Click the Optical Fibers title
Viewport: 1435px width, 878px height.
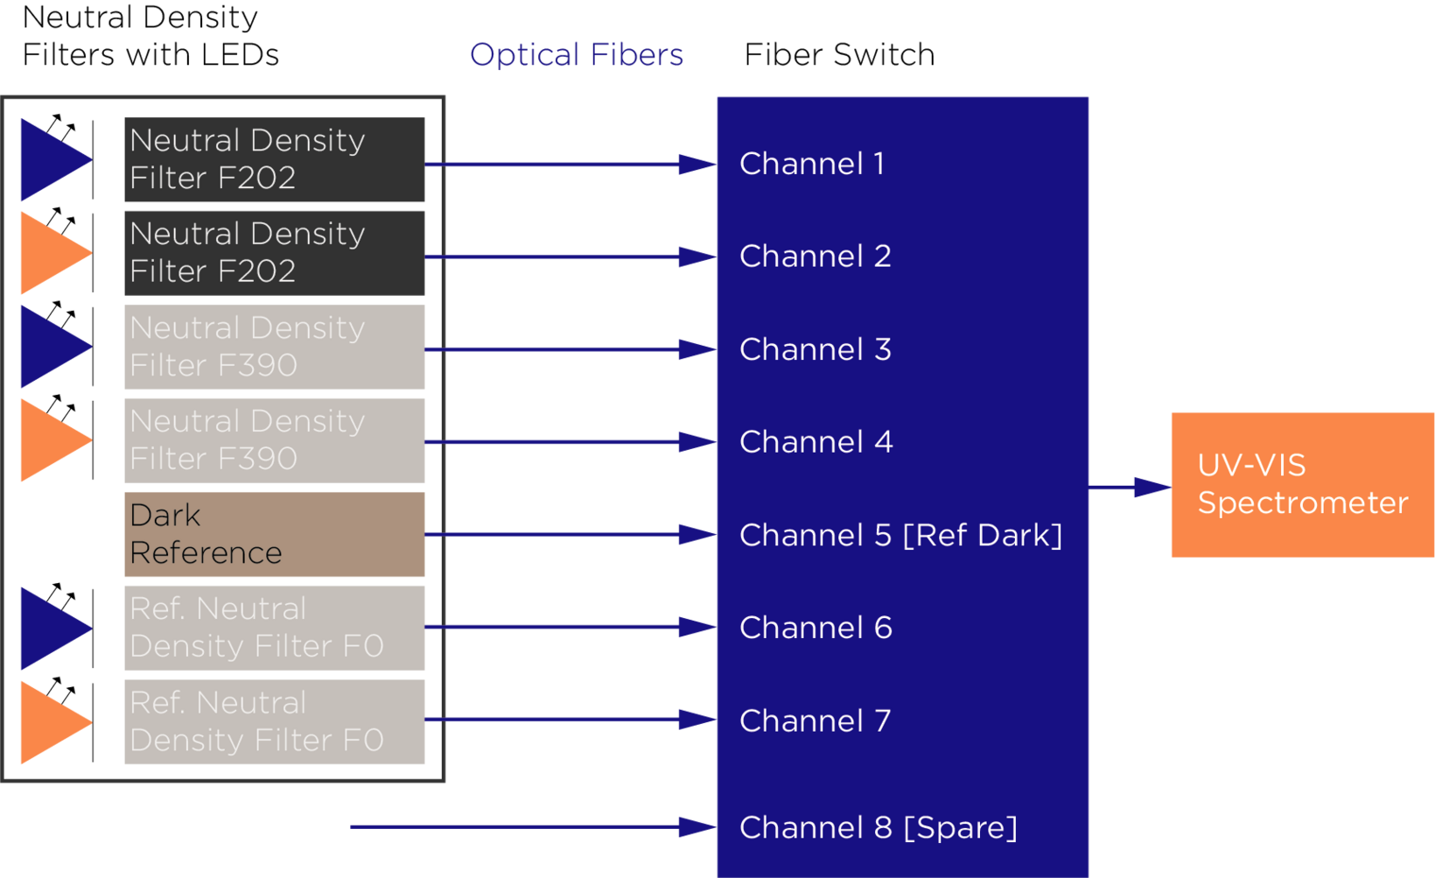576,55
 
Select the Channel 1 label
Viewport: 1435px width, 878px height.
811,164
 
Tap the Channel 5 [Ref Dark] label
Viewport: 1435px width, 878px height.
899,535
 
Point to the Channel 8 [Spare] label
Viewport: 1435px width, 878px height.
878,827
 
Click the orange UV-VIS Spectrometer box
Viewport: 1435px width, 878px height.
1302,484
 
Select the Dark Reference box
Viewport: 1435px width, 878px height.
274,534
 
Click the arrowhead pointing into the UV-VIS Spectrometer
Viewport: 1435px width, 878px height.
1151,488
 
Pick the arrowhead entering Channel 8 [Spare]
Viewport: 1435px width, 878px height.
696,826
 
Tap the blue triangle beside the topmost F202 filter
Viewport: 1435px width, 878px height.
51,160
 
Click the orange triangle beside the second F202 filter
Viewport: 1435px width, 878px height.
51,253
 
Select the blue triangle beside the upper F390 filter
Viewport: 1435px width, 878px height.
51,347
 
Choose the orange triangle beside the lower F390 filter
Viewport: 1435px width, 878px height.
51,440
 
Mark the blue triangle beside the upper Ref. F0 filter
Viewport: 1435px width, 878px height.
51,628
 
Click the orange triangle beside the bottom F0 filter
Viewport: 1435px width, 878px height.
51,722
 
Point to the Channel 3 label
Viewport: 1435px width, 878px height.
815,349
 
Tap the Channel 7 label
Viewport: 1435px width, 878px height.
815,720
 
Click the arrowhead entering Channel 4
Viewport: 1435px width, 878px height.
696,442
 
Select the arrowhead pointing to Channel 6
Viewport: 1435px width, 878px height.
696,627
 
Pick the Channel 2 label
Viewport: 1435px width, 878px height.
815,256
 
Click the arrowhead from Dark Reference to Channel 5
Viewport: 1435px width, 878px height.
696,534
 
